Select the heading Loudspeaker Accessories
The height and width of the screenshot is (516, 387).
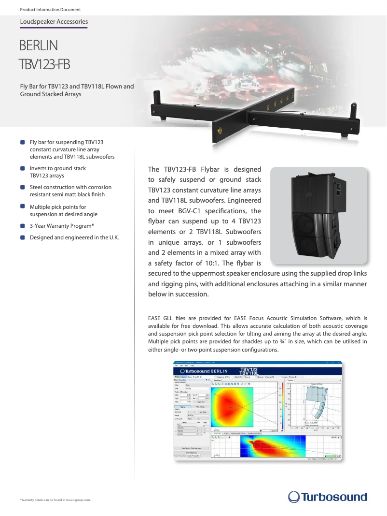54,22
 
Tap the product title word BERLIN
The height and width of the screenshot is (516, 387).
39,46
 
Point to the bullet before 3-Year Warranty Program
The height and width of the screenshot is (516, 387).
23,226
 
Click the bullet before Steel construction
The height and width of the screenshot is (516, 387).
23,187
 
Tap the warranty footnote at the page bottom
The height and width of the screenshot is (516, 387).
55,500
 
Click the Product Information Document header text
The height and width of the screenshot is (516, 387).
50,10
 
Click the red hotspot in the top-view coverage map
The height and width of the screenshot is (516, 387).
231,407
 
